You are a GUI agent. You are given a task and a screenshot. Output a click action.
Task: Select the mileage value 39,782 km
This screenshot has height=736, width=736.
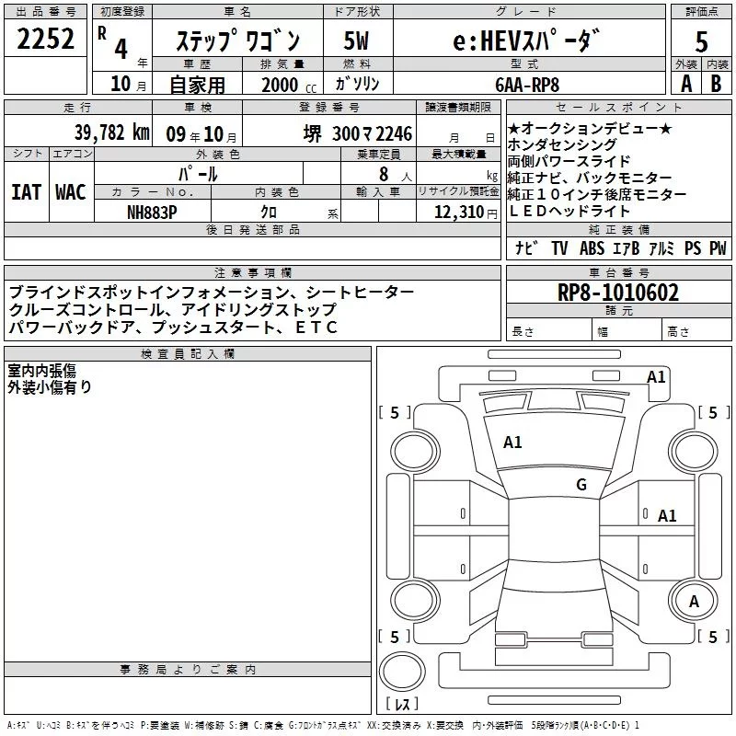click(x=112, y=132)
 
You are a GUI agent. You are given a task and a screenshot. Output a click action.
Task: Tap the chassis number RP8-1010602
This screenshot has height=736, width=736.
click(x=618, y=293)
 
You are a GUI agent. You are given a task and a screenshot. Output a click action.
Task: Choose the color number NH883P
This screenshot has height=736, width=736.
click(x=153, y=212)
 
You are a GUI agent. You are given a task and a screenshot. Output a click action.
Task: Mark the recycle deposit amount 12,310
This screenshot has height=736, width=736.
click(x=454, y=212)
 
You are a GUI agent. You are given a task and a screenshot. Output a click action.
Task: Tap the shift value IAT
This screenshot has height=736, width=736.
click(x=26, y=192)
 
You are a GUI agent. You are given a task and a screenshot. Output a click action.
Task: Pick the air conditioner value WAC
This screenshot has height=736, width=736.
click(x=70, y=192)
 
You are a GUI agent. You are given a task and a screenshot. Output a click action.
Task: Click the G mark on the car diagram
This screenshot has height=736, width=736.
click(x=581, y=485)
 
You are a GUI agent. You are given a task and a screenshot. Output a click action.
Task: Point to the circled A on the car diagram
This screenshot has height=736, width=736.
click(x=695, y=601)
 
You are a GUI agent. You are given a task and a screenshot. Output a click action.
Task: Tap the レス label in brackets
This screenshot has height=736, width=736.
click(x=402, y=706)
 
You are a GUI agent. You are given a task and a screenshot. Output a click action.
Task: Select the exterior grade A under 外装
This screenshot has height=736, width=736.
click(x=685, y=83)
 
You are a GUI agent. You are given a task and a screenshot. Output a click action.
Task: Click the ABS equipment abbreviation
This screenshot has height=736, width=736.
click(x=592, y=248)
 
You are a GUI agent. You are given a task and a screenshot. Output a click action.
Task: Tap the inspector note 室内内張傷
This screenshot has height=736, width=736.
click(x=42, y=371)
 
